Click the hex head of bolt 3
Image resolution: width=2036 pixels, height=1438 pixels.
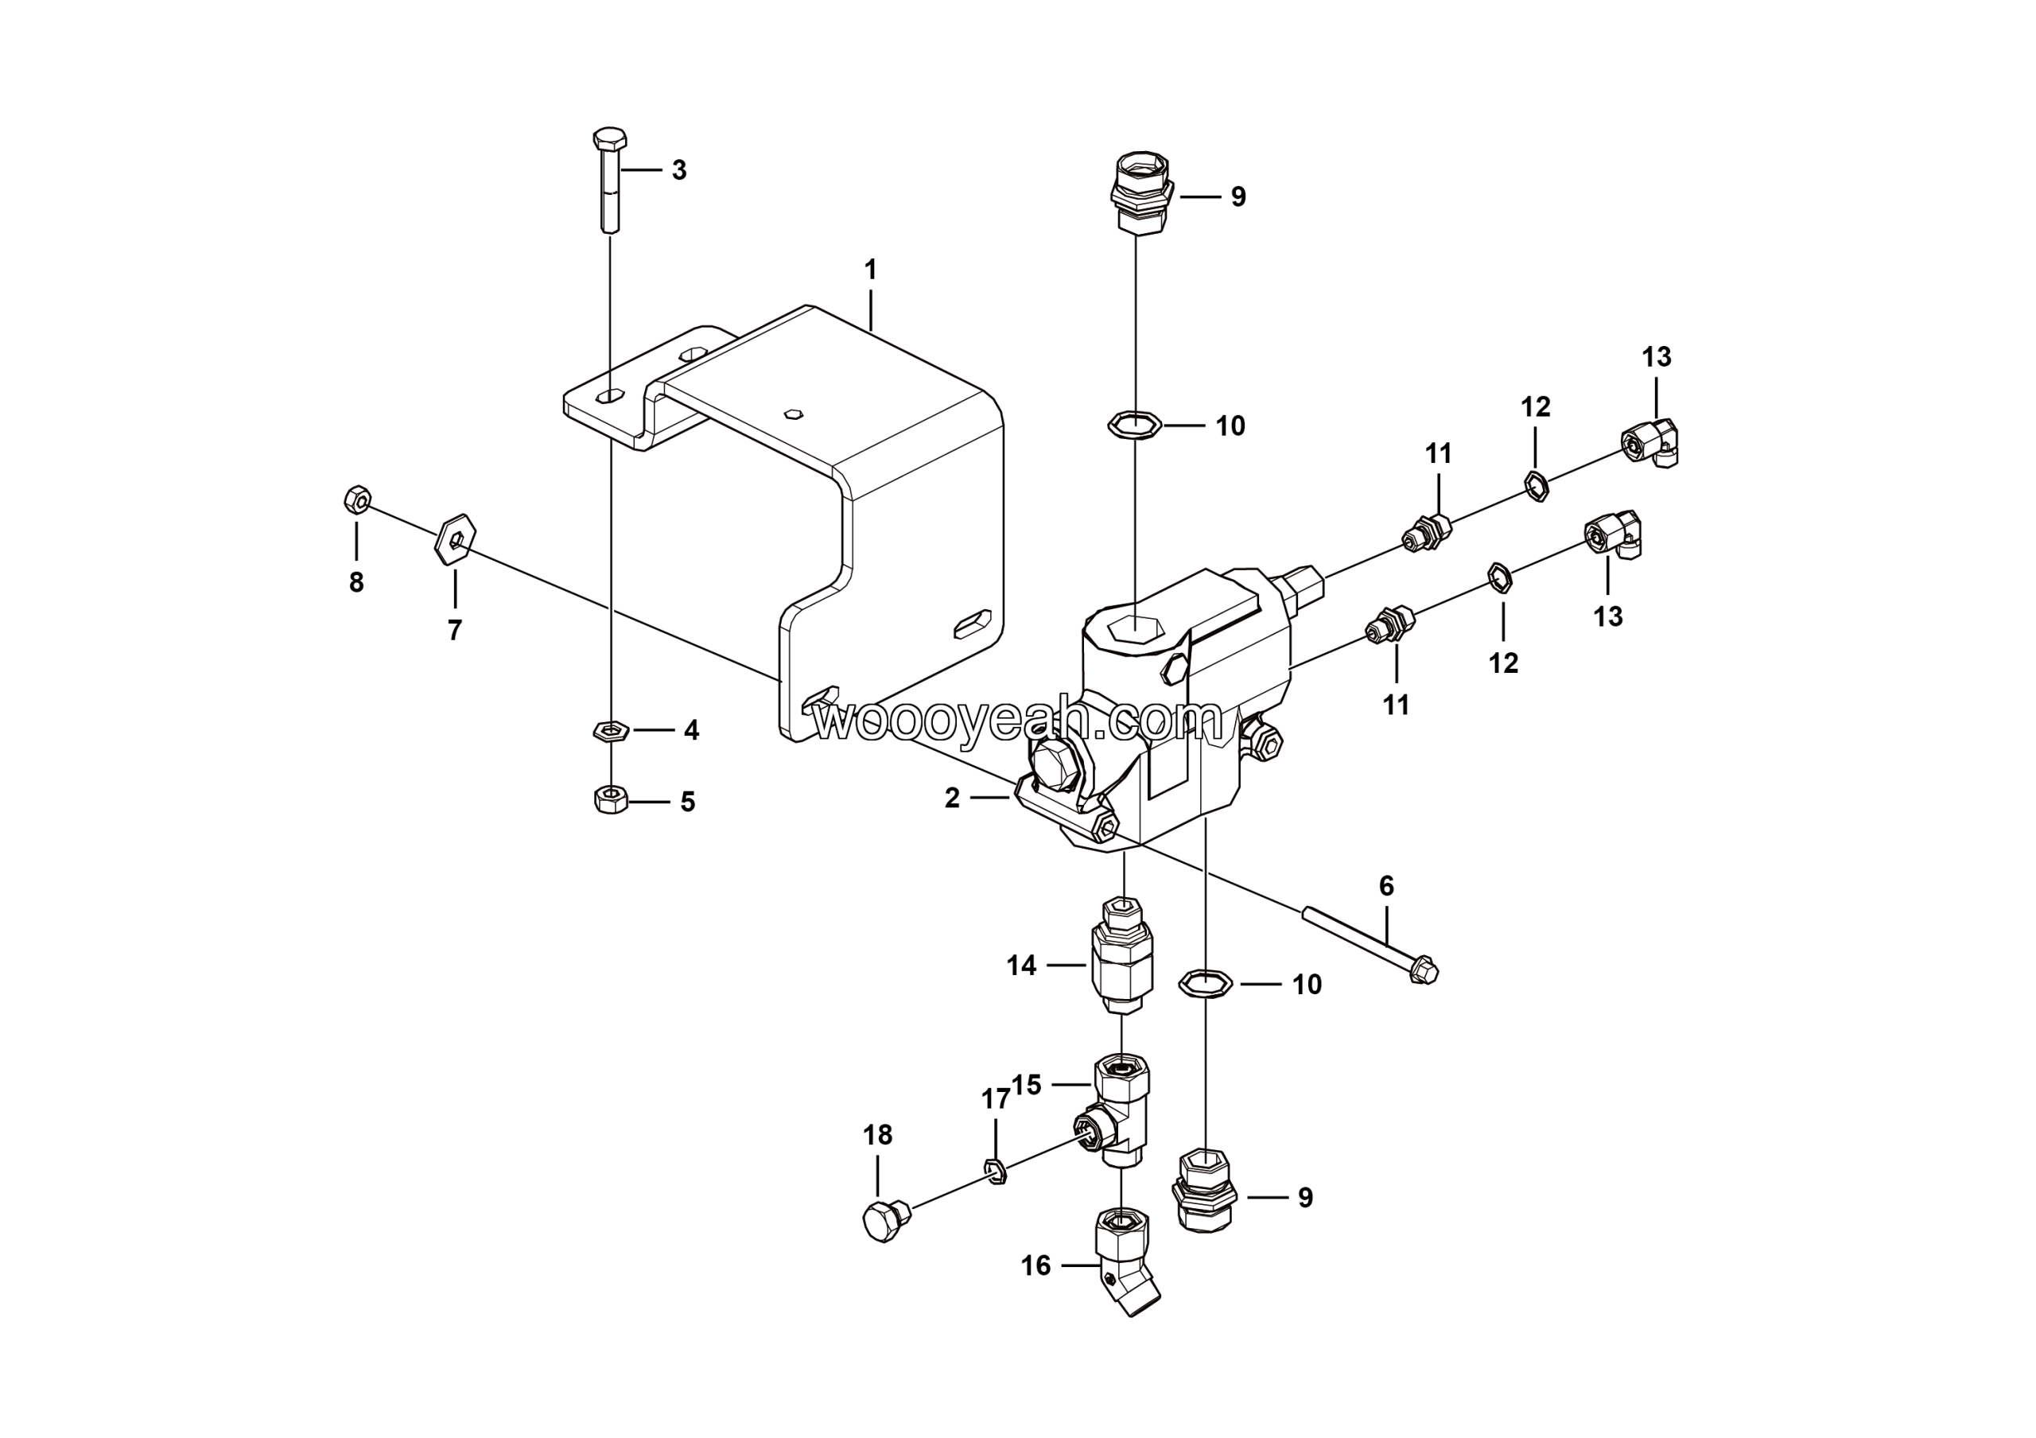pos(609,140)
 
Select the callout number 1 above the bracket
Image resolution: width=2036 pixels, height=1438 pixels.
pos(870,270)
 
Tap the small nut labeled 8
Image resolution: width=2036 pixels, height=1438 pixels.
pos(356,501)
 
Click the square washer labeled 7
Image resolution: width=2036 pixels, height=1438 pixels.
pos(456,538)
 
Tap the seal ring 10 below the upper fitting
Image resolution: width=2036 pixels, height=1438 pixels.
pos(1134,426)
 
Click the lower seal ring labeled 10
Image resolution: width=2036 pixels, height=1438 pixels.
pos(1206,983)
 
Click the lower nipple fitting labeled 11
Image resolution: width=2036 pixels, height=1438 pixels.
pos(1388,627)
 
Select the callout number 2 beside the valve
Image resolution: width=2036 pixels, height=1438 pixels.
pos(951,798)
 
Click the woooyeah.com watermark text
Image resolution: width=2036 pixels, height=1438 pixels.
pos(1018,721)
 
